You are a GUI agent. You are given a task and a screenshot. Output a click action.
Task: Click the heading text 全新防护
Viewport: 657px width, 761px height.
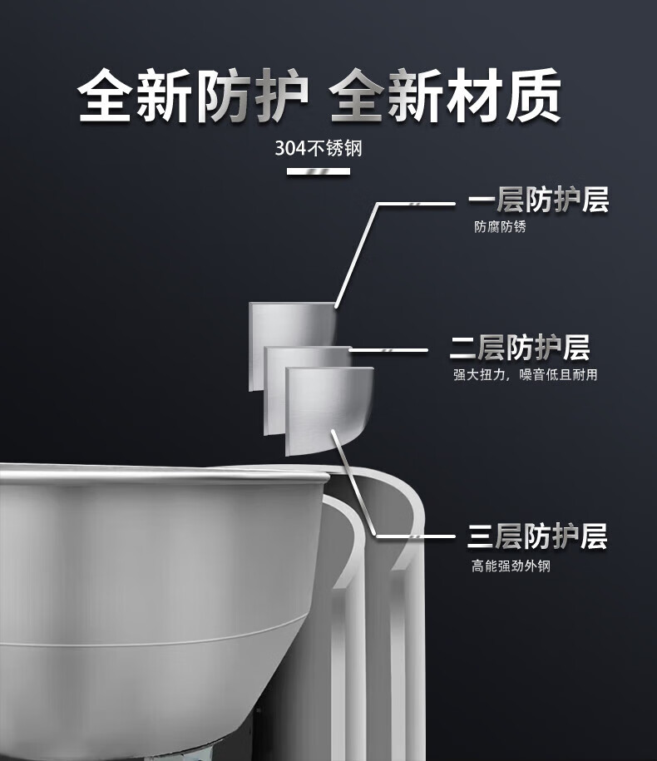pos(193,95)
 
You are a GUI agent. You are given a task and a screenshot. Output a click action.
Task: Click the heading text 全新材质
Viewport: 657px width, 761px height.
pos(446,95)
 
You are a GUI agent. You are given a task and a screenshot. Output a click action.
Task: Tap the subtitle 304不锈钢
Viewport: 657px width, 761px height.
pos(319,148)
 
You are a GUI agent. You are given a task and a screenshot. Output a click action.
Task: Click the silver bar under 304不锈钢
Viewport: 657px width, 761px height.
pos(319,171)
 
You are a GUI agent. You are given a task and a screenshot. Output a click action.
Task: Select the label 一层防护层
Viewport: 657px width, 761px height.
pos(538,200)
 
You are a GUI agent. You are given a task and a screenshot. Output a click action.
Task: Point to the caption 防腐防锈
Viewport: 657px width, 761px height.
pos(500,227)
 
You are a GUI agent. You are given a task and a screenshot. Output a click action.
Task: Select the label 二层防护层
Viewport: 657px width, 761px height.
pos(520,348)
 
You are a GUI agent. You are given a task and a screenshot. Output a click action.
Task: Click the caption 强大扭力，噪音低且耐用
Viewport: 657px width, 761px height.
pos(525,374)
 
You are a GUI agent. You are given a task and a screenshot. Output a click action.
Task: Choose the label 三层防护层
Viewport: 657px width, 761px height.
pos(537,536)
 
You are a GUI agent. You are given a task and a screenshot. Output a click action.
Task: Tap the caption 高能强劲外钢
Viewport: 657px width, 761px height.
pos(511,566)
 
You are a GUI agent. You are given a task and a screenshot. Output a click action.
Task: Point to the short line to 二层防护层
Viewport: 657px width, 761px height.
pos(388,350)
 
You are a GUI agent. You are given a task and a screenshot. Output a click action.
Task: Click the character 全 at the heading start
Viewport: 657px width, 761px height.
pos(104,95)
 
